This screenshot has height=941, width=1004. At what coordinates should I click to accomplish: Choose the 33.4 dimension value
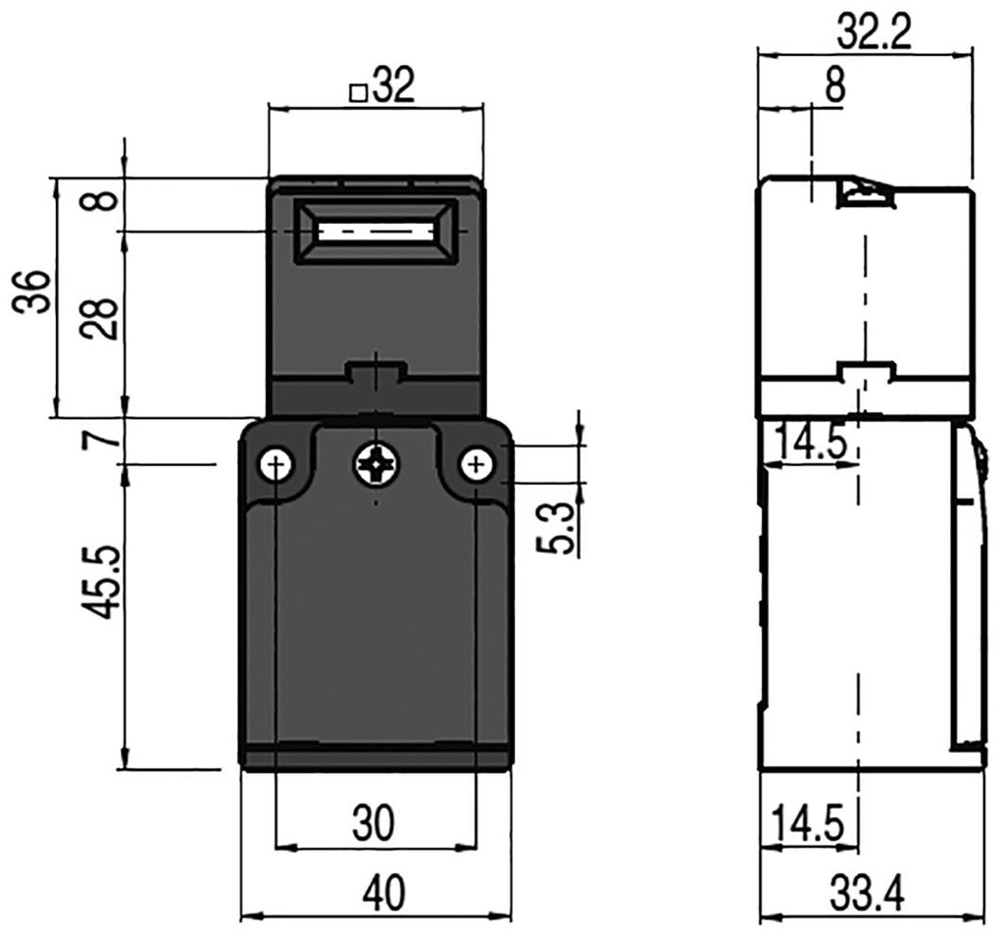point(867,895)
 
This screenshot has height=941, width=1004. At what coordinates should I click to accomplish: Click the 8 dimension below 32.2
point(833,86)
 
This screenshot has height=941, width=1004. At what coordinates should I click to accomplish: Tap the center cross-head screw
point(376,464)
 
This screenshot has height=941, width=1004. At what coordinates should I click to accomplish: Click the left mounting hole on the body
point(277,464)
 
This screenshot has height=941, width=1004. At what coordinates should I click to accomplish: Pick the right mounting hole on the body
point(477,464)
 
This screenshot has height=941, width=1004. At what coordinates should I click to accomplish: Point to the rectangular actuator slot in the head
point(376,233)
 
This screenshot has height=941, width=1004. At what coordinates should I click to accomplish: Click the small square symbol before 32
point(359,93)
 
